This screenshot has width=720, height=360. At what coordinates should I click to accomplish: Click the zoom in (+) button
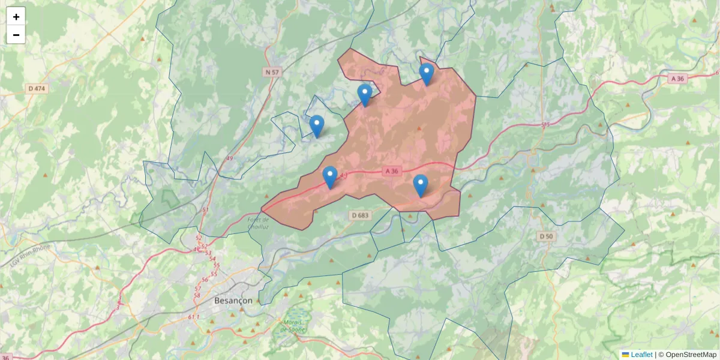[x=16, y=16]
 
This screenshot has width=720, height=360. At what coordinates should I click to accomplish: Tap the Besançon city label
[x=233, y=301]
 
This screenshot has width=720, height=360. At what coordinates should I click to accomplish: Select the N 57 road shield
[x=272, y=72]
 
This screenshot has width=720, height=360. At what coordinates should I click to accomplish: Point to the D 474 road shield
[x=37, y=88]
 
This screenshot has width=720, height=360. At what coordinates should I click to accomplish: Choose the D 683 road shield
[x=360, y=215]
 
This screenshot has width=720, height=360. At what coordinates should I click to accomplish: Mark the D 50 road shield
[x=546, y=236]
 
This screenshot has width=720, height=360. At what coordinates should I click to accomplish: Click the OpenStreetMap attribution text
[x=691, y=355]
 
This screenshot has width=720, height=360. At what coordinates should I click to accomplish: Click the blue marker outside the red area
[x=317, y=126]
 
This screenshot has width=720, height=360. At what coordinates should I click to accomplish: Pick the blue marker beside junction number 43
[x=329, y=177]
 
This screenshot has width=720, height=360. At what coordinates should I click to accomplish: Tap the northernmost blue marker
[x=426, y=74]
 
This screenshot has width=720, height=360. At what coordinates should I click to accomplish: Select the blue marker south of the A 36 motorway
[x=421, y=185]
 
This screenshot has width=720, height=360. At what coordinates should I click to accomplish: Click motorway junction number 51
[x=205, y=210]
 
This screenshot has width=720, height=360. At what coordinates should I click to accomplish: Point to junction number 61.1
[x=193, y=316]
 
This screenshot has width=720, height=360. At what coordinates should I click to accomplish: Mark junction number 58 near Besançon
[x=197, y=295]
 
